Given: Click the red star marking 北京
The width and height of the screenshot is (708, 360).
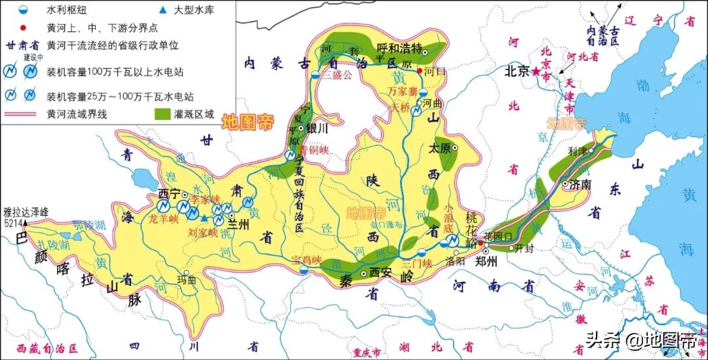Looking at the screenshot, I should click(536, 72).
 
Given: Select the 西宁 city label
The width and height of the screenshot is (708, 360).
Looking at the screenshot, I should click(170, 194).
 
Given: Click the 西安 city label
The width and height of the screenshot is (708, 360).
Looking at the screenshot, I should click(380, 271).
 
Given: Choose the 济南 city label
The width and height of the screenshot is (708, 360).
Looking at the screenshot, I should click(581, 185).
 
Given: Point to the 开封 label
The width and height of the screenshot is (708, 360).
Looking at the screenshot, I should click(525, 248).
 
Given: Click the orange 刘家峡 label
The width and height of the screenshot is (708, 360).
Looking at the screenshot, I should click(202, 231).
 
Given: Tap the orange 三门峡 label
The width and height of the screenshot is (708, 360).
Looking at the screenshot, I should click(418, 264).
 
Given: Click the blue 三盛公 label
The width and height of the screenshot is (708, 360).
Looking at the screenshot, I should click(338, 74).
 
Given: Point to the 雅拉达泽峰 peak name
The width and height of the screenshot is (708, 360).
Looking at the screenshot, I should click(25, 212).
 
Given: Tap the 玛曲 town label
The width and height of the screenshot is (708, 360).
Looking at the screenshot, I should click(187, 281).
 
